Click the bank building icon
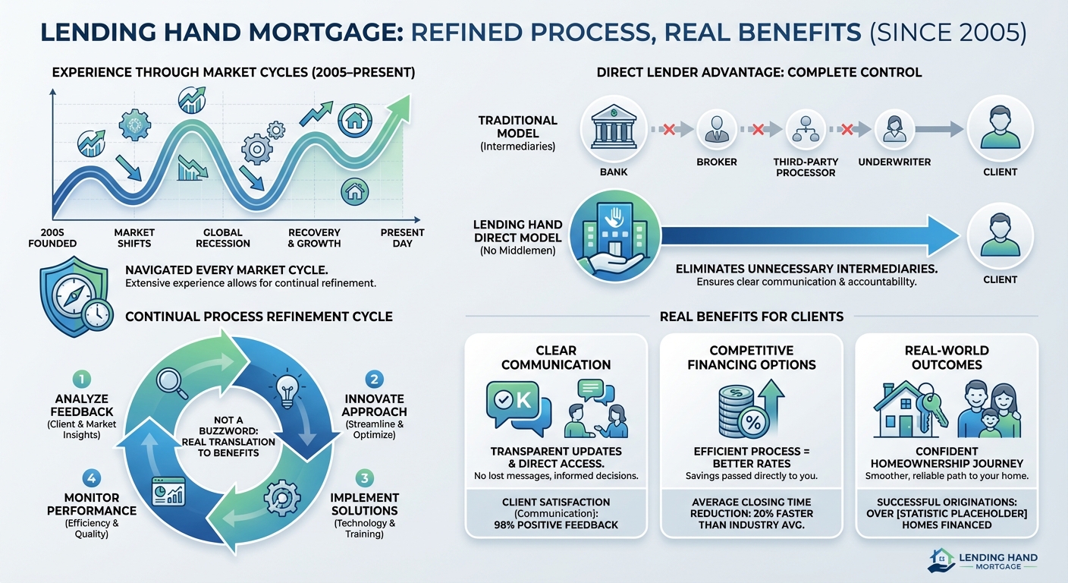click(x=614, y=127)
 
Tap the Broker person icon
click(x=716, y=129)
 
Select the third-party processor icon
click(x=806, y=129)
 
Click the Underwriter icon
click(x=894, y=129)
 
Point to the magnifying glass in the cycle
click(x=171, y=383)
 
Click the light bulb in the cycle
click(x=287, y=389)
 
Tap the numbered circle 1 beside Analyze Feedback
click(x=81, y=380)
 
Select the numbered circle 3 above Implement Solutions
click(x=365, y=478)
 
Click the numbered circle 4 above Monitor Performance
click(x=92, y=478)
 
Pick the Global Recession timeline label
click(x=223, y=238)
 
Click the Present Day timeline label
click(x=402, y=238)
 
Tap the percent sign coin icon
click(x=753, y=422)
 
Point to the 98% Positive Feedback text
click(x=556, y=525)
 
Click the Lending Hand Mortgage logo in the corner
click(x=982, y=560)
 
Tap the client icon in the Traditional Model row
click(x=1000, y=128)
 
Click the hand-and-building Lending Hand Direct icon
click(x=614, y=235)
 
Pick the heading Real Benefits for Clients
click(x=752, y=317)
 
